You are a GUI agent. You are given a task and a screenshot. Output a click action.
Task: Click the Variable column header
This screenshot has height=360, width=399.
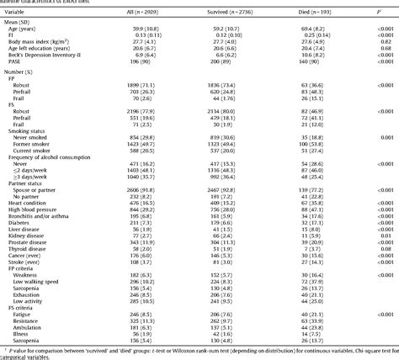pyautogui.click(x=18, y=12)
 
